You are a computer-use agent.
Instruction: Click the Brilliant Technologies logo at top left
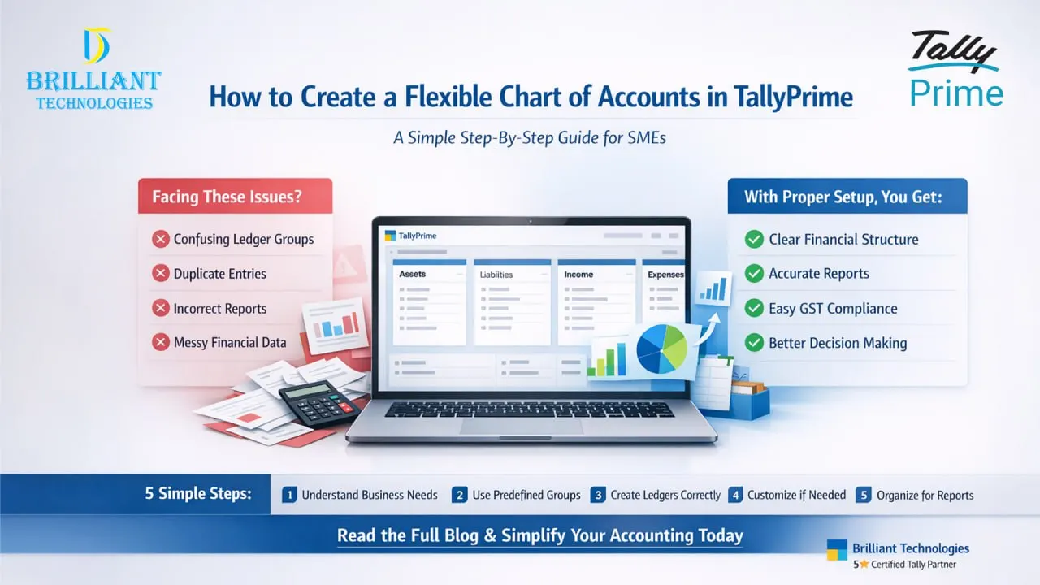click(x=93, y=69)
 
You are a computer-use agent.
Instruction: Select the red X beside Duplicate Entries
click(x=161, y=274)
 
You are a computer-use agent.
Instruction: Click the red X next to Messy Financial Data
click(x=161, y=342)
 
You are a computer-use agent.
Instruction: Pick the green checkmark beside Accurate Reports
click(x=754, y=274)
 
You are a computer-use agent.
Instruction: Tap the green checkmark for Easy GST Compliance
click(x=754, y=308)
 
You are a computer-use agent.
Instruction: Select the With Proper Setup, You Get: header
click(x=843, y=197)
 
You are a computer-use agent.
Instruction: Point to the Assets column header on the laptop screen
click(x=413, y=275)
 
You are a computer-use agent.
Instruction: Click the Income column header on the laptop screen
click(x=579, y=275)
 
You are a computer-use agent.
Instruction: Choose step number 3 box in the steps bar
click(x=599, y=495)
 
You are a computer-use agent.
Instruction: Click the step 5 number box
click(x=864, y=495)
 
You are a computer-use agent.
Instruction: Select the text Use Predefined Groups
click(x=526, y=495)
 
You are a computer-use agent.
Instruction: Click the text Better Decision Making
click(x=838, y=343)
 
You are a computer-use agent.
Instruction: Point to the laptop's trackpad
click(x=521, y=426)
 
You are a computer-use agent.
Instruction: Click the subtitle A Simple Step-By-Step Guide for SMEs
click(x=530, y=137)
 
